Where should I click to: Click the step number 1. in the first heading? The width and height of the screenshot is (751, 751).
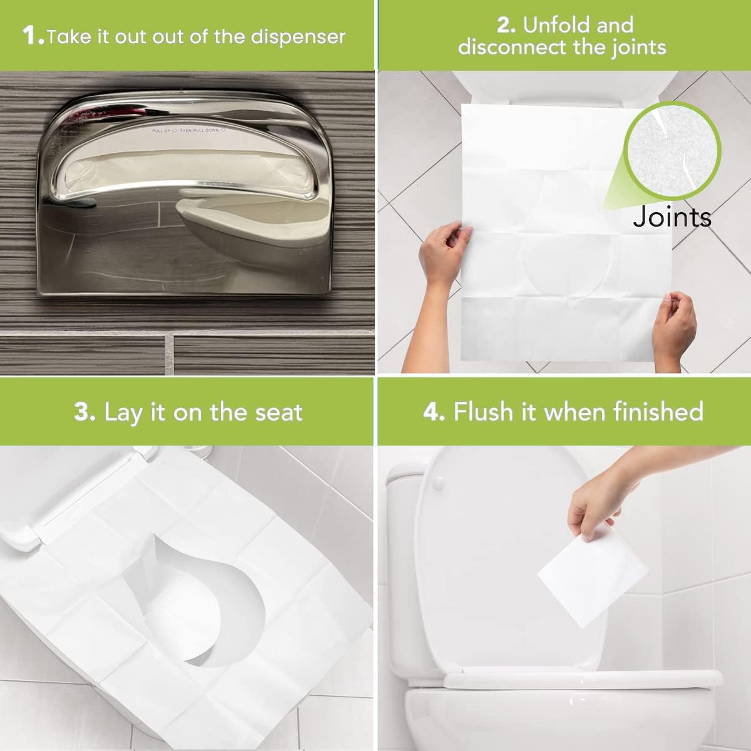pos(33,36)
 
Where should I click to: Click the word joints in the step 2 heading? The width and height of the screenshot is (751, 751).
pos(631,48)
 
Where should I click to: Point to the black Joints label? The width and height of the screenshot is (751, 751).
pos(672,217)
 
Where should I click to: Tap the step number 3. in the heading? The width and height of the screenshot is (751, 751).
pos(84,412)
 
